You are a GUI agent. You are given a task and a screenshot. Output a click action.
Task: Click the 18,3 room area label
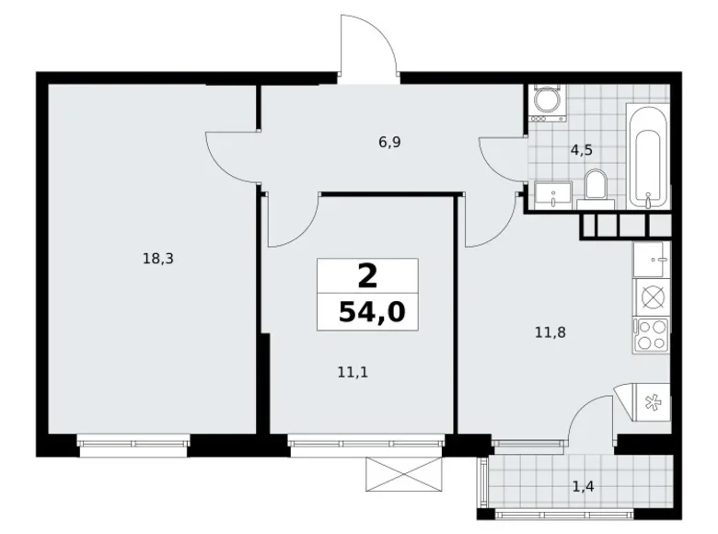pyautogui.click(x=158, y=259)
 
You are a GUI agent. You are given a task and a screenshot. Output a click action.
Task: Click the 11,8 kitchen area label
pyautogui.click(x=550, y=331)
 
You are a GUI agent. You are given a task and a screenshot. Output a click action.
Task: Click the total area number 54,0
pyautogui.click(x=372, y=312)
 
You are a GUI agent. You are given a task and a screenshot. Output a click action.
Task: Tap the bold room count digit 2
pyautogui.click(x=367, y=274)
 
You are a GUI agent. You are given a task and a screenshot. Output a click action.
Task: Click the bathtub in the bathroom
pyautogui.click(x=648, y=155)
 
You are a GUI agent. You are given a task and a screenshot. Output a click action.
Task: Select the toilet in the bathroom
pyautogui.click(x=595, y=185)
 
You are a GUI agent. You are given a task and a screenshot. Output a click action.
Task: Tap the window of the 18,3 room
pyautogui.click(x=133, y=444)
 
